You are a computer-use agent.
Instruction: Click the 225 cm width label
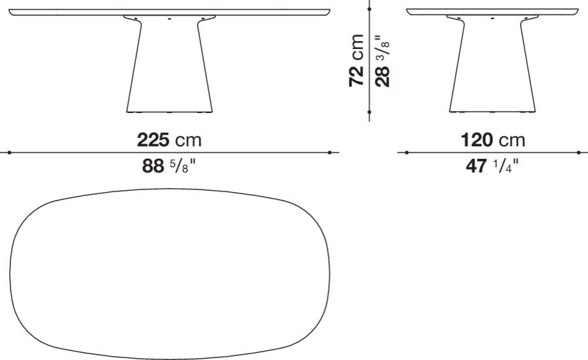coord(169,140)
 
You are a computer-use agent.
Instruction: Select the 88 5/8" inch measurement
coord(169,167)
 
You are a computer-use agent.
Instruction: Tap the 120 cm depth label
coord(493,140)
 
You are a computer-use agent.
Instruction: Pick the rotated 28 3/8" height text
coord(382,61)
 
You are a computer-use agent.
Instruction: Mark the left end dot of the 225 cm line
coord(9,153)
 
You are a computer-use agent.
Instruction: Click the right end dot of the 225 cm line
coord(330,153)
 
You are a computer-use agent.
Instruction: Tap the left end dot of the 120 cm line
coord(406,153)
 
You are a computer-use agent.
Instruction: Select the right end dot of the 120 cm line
coord(578,153)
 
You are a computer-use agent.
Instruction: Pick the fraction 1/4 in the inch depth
coord(506,167)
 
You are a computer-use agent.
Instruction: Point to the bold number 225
coord(153,140)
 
